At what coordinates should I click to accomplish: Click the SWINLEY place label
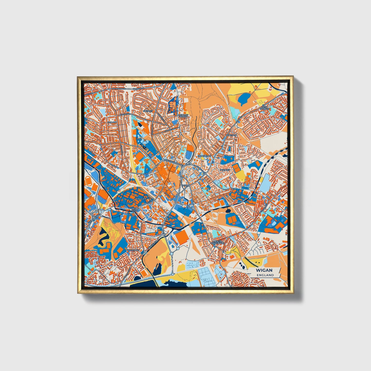(148, 111)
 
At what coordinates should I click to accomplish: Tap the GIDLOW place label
(112, 122)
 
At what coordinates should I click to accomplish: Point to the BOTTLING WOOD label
(183, 116)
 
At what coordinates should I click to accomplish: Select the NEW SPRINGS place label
(264, 108)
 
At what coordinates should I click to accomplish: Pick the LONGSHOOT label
(205, 156)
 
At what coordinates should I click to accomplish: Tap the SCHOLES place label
(225, 170)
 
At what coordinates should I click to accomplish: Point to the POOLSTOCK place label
(133, 250)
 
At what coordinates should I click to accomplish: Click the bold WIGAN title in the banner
(264, 270)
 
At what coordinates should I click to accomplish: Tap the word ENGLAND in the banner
(265, 275)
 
